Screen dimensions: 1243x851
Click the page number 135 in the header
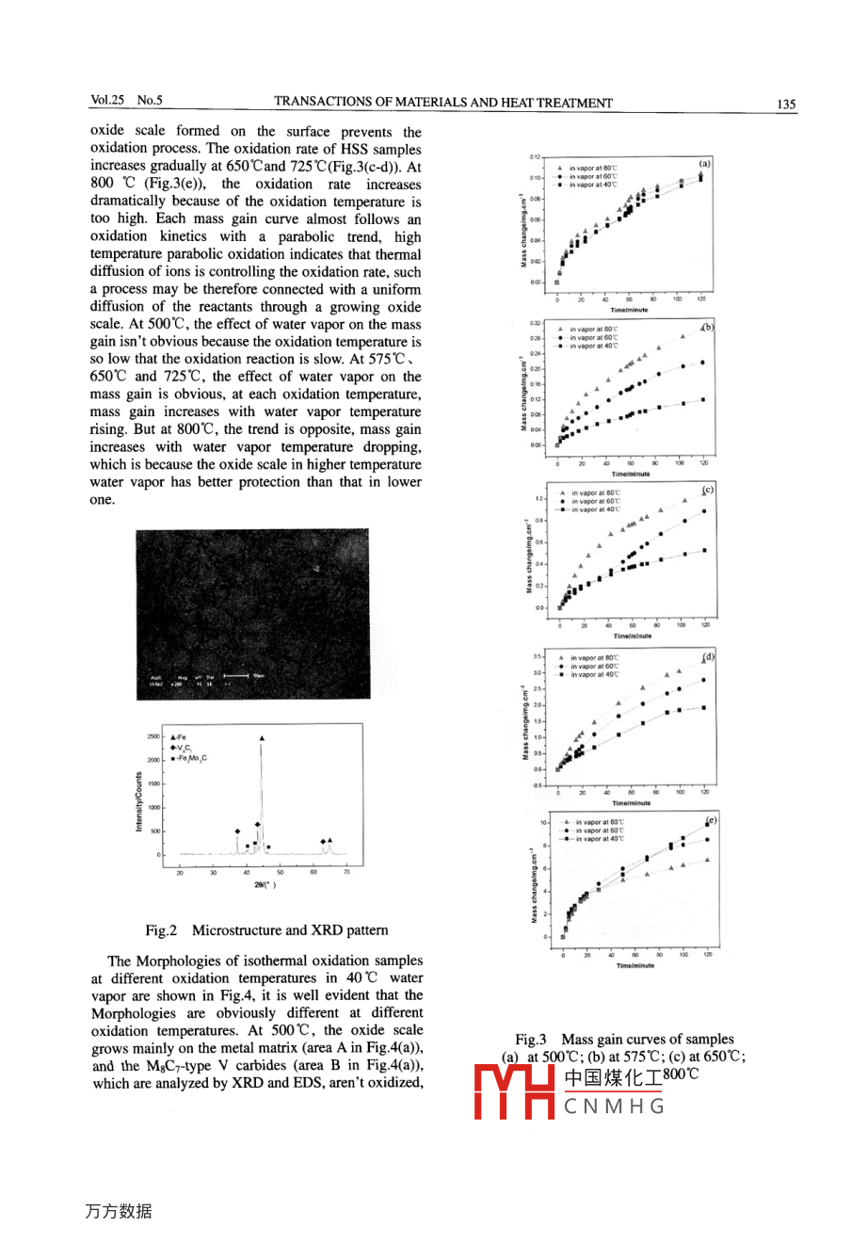coord(787,104)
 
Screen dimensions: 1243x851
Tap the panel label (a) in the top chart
coord(704,163)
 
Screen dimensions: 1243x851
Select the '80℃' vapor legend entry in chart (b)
coord(593,330)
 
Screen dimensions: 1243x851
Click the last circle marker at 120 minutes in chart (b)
coord(703,363)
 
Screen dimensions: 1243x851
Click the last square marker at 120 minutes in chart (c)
coord(704,551)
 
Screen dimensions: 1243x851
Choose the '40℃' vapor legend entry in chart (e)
coord(599,839)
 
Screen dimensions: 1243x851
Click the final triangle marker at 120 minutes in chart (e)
coord(707,860)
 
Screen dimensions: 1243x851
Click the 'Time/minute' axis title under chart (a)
coord(630,310)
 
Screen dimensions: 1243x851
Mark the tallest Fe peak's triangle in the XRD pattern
coord(261,738)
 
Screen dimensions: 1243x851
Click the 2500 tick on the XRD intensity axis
coord(153,736)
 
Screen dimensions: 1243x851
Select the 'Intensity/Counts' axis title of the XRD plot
coord(138,801)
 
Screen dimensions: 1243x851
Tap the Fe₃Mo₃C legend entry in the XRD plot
coord(192,758)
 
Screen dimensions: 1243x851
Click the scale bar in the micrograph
coord(235,675)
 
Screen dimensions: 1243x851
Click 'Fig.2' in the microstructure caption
coord(161,930)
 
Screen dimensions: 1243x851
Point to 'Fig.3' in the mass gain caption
coord(531,1040)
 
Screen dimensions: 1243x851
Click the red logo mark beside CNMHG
coord(514,1092)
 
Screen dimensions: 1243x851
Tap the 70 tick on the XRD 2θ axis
coord(346,873)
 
